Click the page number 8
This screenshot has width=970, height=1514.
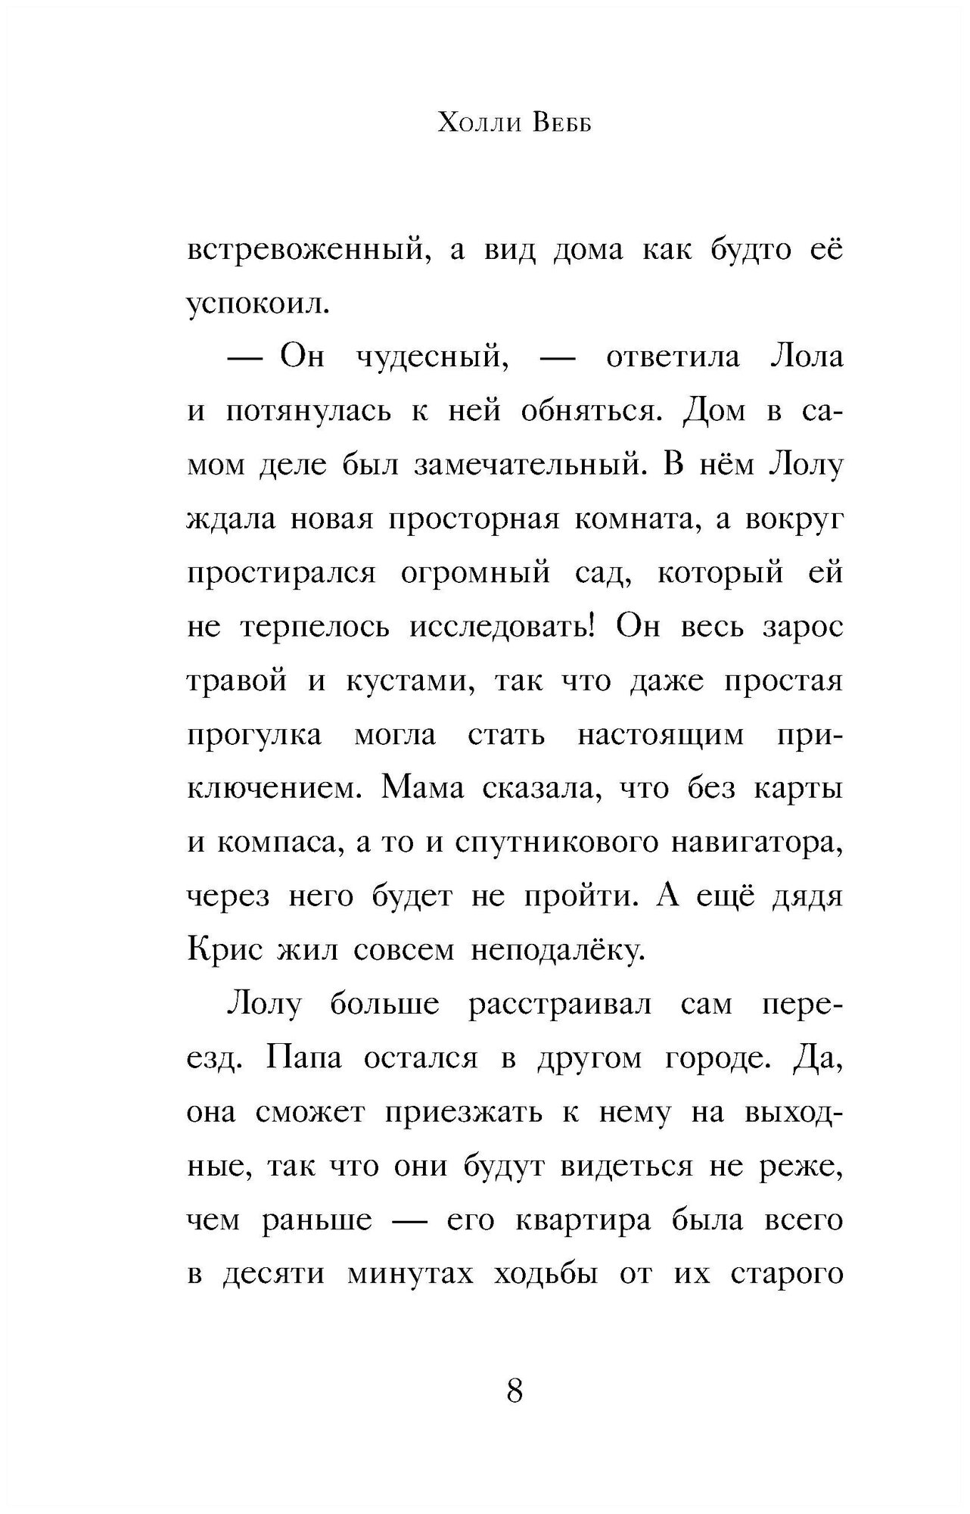515,1391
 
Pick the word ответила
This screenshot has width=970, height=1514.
672,357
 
